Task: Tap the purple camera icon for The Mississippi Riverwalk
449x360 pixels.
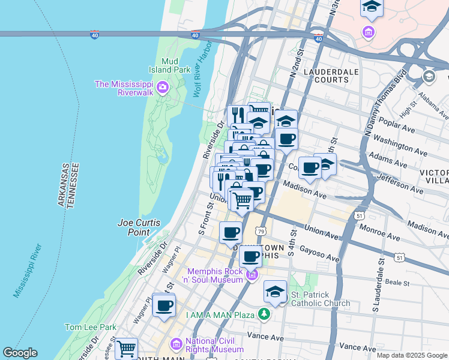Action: (x=161, y=89)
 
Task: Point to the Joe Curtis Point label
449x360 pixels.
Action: (x=137, y=227)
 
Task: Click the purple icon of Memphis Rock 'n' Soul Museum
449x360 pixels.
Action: (x=252, y=275)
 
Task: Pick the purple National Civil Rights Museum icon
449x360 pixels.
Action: (x=176, y=344)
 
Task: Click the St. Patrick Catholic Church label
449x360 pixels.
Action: (x=320, y=299)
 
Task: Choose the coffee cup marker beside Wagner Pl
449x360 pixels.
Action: (x=163, y=305)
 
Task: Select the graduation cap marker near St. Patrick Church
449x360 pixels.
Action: (x=275, y=292)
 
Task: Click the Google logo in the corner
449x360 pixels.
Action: (x=20, y=353)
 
